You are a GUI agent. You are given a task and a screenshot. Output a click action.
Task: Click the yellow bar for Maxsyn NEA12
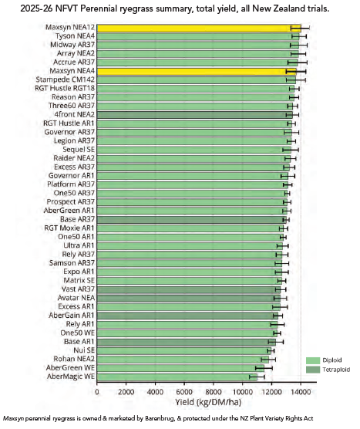(199, 29)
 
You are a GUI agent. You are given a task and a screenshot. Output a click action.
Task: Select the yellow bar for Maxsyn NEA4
(197, 72)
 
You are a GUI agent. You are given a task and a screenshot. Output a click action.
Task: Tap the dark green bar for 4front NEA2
(195, 115)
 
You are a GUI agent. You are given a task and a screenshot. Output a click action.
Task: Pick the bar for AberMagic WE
(177, 377)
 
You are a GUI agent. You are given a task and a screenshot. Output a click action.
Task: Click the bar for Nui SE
(184, 351)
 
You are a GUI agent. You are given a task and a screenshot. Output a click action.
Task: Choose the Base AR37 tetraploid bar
(192, 220)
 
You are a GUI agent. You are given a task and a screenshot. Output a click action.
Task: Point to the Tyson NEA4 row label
(76, 36)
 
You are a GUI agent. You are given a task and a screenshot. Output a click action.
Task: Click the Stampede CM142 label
(66, 79)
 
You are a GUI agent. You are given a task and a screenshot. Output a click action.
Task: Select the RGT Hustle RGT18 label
(65, 89)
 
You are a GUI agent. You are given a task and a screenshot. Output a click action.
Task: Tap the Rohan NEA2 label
(74, 359)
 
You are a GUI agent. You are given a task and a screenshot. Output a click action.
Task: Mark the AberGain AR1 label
(72, 316)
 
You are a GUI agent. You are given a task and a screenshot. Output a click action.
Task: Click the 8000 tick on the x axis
(214, 392)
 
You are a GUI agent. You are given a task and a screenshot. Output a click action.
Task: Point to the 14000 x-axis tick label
(301, 392)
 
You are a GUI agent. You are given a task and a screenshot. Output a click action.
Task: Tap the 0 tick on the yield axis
(97, 392)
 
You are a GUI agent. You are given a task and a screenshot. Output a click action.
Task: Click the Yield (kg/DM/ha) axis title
(208, 402)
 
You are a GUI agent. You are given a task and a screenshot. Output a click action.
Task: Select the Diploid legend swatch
(313, 360)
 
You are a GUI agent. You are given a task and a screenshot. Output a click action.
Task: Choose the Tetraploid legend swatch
(313, 370)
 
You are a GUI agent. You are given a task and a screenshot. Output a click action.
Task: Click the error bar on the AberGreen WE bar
(264, 368)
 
